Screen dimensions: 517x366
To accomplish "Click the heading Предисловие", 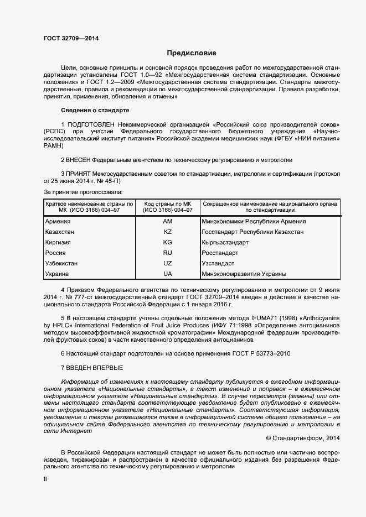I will [192, 53].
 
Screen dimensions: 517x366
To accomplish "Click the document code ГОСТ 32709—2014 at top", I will [71, 38].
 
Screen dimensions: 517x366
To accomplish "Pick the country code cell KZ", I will [168, 232].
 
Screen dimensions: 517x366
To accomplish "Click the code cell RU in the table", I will [168, 253].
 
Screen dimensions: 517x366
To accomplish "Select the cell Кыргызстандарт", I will [226, 243].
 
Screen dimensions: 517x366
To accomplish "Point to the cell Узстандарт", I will [219, 263].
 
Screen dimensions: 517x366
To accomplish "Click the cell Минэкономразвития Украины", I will [244, 274].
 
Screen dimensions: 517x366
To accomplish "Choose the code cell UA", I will [168, 274].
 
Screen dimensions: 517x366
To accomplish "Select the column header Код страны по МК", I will [168, 204].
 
